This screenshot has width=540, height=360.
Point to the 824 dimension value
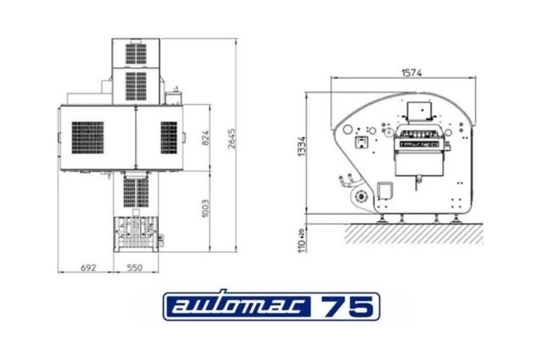206,138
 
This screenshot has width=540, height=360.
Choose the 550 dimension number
135,267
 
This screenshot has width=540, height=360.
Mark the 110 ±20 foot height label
301,240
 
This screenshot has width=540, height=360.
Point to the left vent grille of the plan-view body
86,137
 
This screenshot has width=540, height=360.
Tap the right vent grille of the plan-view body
169,137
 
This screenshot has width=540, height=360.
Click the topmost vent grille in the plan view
136,53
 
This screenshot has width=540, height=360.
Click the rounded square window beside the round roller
385,191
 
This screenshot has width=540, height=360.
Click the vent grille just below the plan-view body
136,192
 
